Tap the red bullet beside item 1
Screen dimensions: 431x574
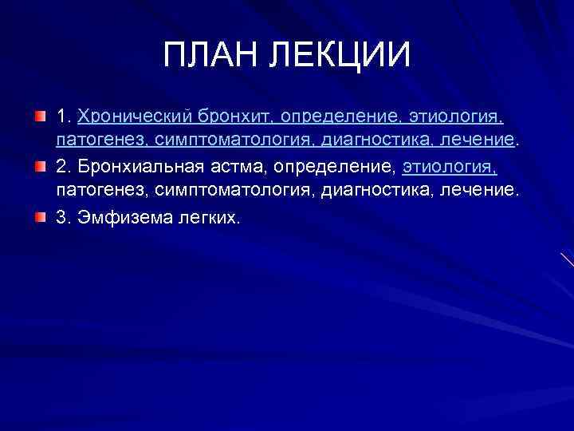pos(40,117)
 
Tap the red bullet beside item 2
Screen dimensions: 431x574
pos(40,168)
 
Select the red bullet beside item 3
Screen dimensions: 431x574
pos(40,218)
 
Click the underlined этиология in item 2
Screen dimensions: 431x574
pos(450,168)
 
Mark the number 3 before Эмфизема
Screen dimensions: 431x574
pos(61,218)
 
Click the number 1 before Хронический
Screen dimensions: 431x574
pos(61,117)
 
